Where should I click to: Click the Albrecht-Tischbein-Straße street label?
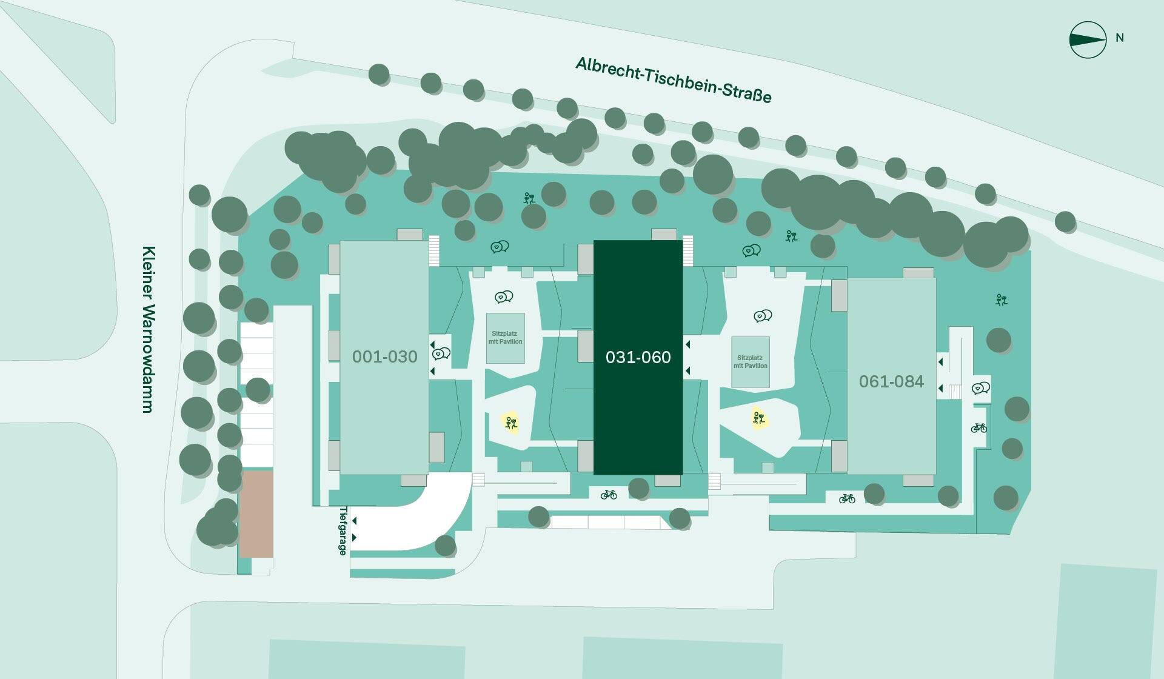(674, 80)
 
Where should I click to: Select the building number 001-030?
(385, 356)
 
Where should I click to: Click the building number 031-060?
(638, 357)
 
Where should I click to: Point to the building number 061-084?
(891, 381)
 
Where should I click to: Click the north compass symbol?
(1088, 40)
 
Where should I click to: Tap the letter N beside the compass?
(1120, 38)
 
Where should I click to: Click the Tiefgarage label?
(343, 531)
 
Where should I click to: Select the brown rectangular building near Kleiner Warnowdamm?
(256, 515)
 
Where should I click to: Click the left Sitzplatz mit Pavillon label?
(506, 338)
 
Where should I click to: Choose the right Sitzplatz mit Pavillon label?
(751, 362)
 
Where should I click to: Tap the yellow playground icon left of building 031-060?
(511, 423)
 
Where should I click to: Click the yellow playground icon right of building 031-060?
(758, 418)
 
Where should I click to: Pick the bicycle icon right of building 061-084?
(979, 428)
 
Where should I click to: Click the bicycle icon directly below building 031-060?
(609, 495)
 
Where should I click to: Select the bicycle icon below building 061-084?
(847, 499)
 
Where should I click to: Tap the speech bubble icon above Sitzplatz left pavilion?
(504, 297)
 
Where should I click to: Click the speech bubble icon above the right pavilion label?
(763, 316)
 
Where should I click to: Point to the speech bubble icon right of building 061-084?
(981, 388)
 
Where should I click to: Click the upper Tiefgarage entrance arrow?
(354, 521)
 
